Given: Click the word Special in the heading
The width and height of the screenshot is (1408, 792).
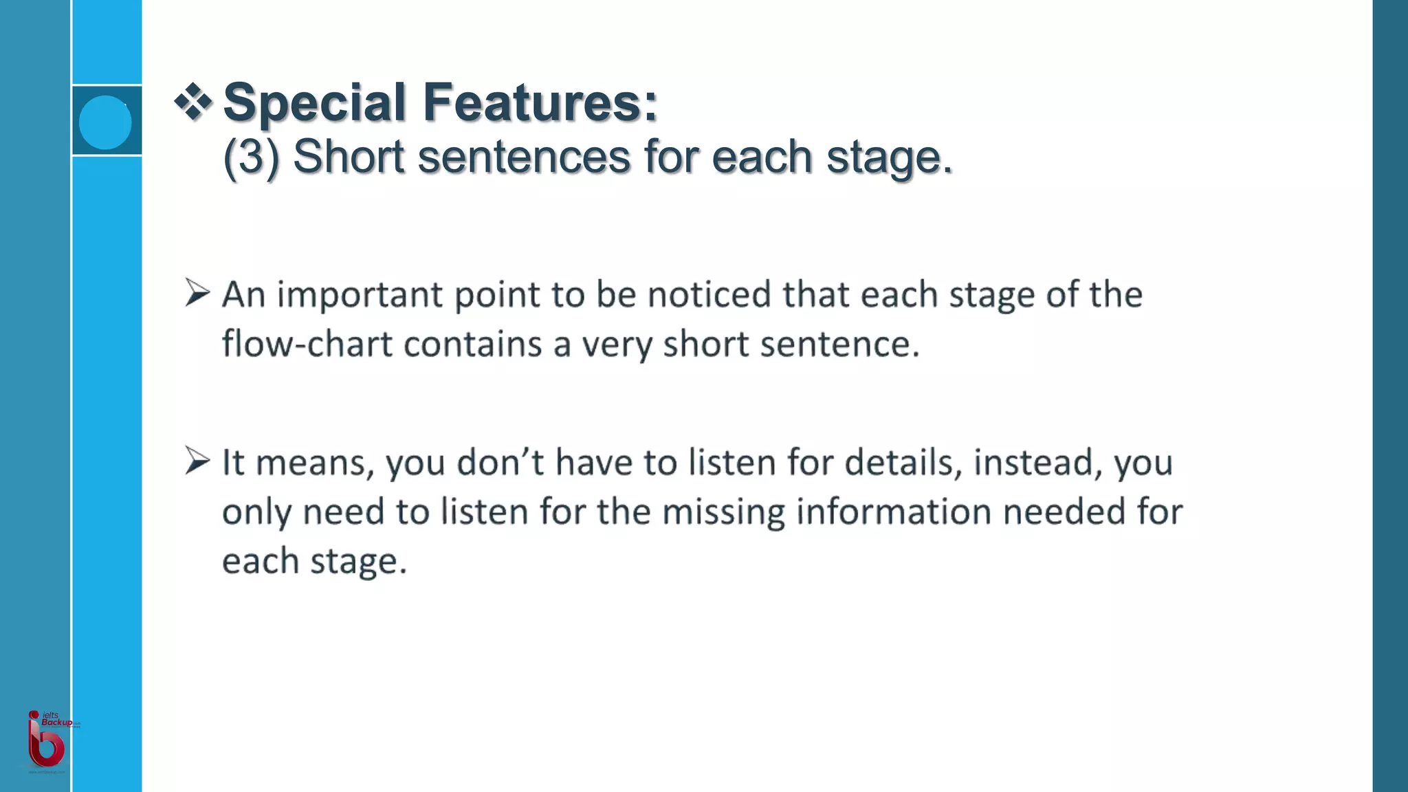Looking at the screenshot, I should pos(314,103).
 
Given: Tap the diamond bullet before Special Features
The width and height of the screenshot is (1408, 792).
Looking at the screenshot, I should pos(193,102).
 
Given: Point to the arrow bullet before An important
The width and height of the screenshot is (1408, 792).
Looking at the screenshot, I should pos(197,294).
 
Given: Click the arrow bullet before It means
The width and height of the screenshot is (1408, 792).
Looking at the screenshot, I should pos(197,461).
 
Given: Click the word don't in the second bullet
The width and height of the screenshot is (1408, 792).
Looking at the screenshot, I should pos(500,462).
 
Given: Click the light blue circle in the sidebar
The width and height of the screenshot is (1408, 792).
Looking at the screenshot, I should pos(105,122).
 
